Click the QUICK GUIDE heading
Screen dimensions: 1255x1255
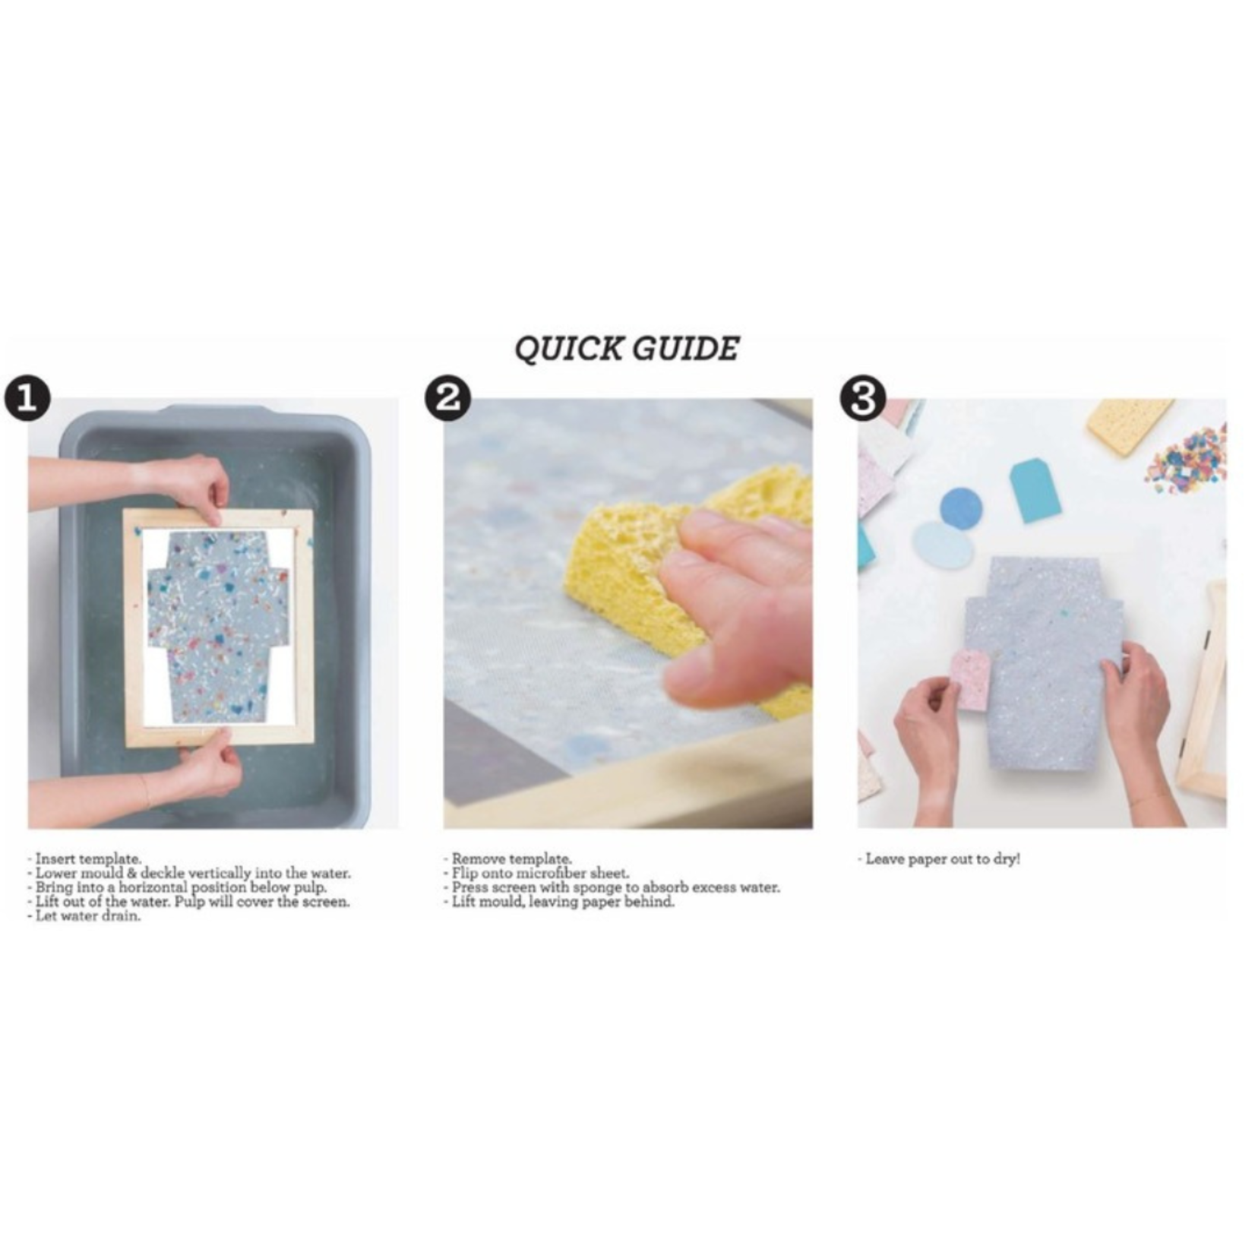pos(627,349)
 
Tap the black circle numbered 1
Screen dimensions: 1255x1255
pos(27,399)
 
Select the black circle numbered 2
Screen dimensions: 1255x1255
pos(447,398)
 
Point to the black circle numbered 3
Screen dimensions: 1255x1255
pos(861,398)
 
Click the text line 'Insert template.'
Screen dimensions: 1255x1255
pos(88,859)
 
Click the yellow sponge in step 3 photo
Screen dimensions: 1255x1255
pos(1130,426)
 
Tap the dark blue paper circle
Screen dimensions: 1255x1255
pos(961,508)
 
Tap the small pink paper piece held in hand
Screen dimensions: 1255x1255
pos(972,679)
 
